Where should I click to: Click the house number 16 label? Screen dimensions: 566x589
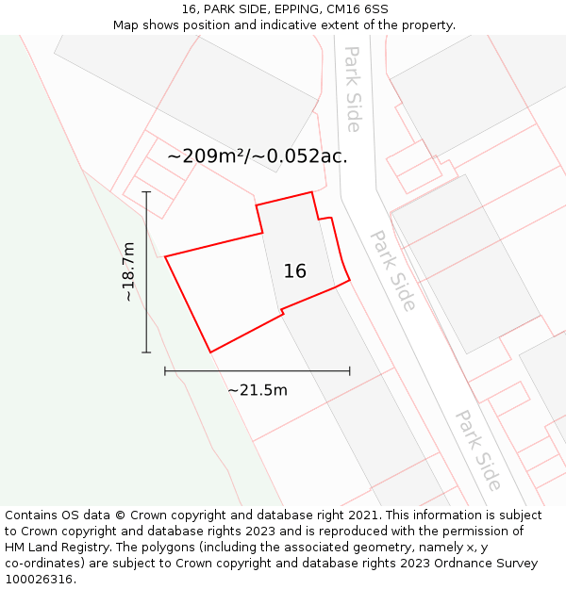pos(294,271)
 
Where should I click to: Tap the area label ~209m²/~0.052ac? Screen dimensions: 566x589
pos(258,156)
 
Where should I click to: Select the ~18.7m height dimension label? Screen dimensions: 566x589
pos(129,271)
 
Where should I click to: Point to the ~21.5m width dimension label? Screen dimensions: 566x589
pos(258,390)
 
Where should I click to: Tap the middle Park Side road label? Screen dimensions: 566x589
pos(393,270)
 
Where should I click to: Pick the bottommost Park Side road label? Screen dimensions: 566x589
pos(478,450)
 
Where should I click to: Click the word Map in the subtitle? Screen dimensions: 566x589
pos(127,25)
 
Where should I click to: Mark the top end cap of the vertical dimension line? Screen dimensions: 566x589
pos(146,191)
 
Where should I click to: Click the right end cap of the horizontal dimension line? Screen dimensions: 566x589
pos(350,371)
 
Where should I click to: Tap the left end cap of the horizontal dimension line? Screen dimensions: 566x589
pos(165,371)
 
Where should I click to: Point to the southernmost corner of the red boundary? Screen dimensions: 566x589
pos(209,352)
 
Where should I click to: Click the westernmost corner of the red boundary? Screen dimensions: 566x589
pos(165,256)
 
